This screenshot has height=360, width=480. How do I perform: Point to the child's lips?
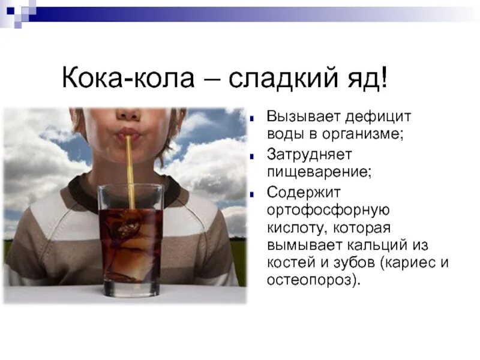[x=128, y=133]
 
